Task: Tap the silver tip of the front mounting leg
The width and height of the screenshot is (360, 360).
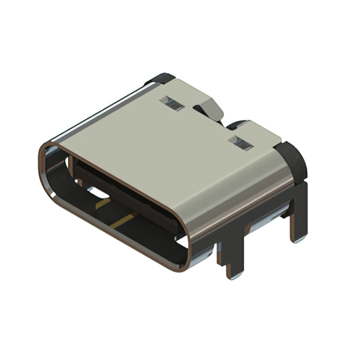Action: tap(236, 274)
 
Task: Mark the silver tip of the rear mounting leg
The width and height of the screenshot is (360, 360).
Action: tap(299, 238)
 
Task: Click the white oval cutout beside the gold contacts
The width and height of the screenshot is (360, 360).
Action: tap(100, 193)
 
